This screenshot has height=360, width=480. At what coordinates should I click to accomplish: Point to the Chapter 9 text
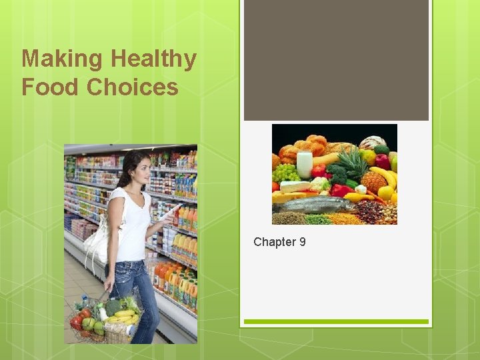tap(279, 242)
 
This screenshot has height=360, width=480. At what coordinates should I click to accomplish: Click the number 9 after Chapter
tap(303, 242)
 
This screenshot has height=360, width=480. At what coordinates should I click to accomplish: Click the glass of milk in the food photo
tap(305, 165)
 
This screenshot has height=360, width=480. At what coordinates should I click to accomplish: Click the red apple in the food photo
tap(382, 161)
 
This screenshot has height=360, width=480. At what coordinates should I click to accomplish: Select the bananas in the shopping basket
tap(123, 314)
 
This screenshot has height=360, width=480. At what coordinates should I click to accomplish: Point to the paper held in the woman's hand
tap(170, 213)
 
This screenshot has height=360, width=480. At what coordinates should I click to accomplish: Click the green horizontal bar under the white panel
tap(336, 322)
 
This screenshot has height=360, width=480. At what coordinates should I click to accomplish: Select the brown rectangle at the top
tap(336, 60)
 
